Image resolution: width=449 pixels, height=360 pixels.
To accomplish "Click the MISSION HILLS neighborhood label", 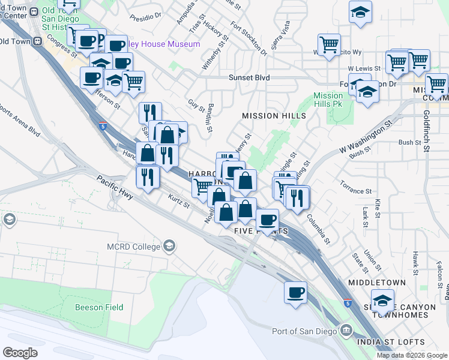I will point(274,116).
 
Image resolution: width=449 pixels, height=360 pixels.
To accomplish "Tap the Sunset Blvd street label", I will point(249,78).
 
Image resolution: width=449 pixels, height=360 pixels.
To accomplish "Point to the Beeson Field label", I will point(99,307).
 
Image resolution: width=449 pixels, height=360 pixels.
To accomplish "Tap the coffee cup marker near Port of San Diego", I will point(295,293).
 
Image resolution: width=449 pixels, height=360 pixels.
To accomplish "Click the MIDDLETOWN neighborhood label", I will point(376,282).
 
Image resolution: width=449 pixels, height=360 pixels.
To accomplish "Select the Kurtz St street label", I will point(179,202).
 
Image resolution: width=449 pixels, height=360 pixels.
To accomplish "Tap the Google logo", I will point(20,353).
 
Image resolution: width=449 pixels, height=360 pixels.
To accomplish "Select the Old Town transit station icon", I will point(37,41).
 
